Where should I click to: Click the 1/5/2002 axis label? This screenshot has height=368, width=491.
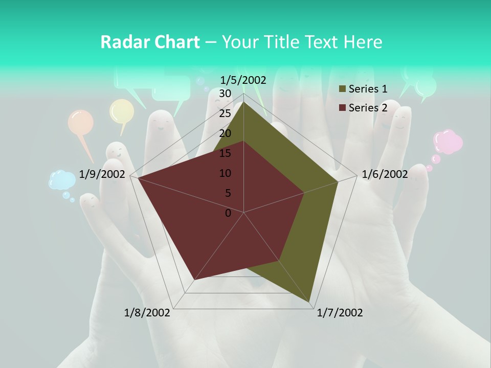coord(243,80)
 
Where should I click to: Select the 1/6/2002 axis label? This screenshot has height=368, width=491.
coord(385,174)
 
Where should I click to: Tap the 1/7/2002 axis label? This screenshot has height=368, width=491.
coord(340,313)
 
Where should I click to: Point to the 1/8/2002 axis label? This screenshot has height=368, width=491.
coord(147,313)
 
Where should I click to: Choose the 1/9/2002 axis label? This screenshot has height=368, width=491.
coord(102,174)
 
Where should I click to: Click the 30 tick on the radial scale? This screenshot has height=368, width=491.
coord(225,94)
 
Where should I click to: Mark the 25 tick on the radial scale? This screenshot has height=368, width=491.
coord(225,113)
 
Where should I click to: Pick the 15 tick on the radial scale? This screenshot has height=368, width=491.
coord(225,153)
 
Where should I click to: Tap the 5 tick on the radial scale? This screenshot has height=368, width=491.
coord(228,193)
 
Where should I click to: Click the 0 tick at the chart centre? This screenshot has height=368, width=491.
coord(228,213)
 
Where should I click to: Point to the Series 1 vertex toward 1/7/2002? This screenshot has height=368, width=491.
coord(310,302)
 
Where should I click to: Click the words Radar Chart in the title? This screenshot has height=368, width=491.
coord(150,42)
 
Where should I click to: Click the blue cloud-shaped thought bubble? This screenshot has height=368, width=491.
coord(62,180)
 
